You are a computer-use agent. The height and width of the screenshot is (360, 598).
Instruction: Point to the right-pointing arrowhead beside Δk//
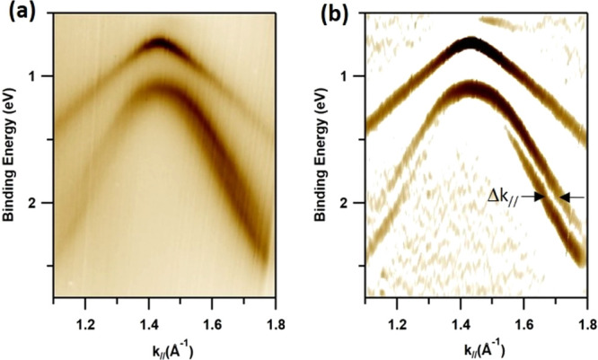click(x=540, y=197)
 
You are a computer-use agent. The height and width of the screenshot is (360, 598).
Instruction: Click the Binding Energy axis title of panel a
click(x=11, y=148)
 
